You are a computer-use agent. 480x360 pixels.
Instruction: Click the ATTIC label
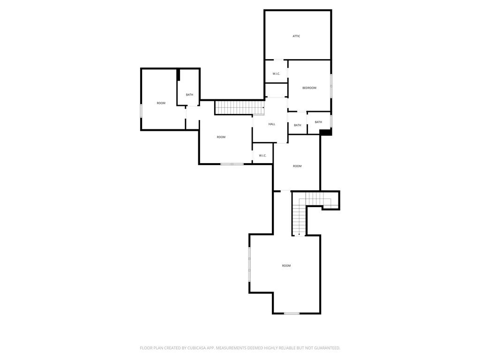(x=296, y=36)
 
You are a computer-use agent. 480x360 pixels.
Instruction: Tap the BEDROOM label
(x=309, y=88)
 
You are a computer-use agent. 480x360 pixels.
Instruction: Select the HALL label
(x=272, y=124)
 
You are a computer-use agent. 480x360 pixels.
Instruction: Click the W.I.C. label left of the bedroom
(x=276, y=74)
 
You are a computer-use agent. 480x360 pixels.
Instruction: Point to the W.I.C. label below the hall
(x=262, y=156)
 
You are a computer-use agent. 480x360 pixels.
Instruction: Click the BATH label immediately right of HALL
(x=298, y=125)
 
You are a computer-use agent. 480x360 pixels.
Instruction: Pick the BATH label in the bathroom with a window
(x=318, y=122)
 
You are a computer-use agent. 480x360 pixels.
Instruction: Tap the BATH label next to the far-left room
(x=189, y=95)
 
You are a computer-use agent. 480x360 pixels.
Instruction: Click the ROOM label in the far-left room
(x=161, y=103)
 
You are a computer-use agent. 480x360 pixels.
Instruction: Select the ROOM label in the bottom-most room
(x=286, y=266)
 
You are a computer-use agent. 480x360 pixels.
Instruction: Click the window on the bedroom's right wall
(x=331, y=86)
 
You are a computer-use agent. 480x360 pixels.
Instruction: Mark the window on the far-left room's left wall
(x=141, y=111)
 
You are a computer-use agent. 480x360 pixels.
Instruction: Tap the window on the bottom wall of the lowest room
(x=292, y=313)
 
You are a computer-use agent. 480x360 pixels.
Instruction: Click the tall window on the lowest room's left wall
(x=249, y=264)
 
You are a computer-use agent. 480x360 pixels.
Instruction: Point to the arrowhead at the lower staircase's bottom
(x=299, y=234)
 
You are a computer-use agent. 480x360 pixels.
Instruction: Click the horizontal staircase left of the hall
(x=239, y=108)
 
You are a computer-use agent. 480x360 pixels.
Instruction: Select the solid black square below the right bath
(x=326, y=132)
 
